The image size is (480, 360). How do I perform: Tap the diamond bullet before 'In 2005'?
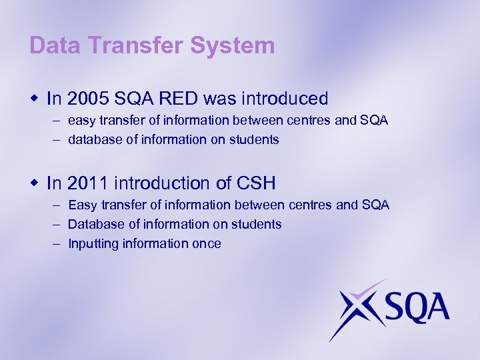pos(35,99)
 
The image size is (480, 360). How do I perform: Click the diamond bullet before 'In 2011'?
pos(35,183)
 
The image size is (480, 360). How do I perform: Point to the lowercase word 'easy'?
pos(81,121)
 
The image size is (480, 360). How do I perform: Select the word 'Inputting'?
pos(93,244)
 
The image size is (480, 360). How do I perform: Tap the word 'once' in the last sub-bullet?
pos(207,243)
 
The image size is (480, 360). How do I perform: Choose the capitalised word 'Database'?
pos(95,224)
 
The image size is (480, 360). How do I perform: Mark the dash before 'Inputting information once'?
pos(55,243)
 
